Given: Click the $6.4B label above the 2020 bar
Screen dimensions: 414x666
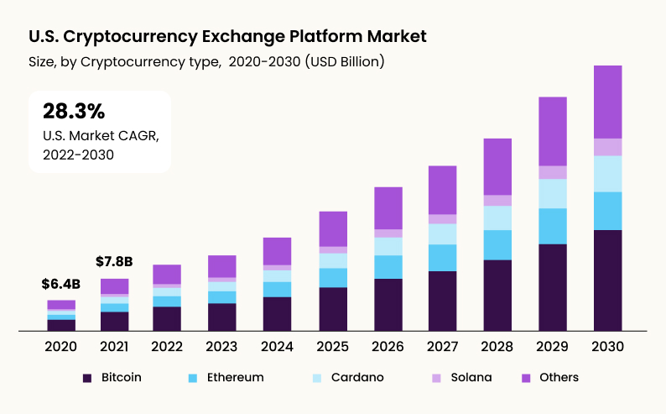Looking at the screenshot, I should [60, 285].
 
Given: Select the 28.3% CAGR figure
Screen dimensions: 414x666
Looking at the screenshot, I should [73, 112].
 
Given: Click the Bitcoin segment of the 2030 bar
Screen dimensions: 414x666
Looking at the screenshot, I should [607, 280].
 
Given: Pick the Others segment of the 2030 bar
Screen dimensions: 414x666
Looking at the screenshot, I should [607, 102].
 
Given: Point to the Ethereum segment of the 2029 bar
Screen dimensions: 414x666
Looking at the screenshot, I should [552, 226].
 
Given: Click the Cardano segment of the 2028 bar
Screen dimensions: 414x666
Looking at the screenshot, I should [497, 218].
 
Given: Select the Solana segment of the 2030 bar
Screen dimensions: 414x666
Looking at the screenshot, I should [607, 147].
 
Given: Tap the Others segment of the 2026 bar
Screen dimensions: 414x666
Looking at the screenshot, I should [388, 208].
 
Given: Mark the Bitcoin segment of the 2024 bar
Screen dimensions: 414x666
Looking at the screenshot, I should [277, 313].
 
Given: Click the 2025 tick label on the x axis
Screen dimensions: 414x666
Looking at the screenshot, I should [333, 346].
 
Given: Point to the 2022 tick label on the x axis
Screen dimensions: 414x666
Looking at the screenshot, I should [167, 346].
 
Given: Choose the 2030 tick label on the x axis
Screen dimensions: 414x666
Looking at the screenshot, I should [607, 346].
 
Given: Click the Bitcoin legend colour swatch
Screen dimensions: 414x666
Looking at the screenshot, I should [87, 378].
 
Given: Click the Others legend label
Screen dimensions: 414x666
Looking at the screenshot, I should [559, 378].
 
